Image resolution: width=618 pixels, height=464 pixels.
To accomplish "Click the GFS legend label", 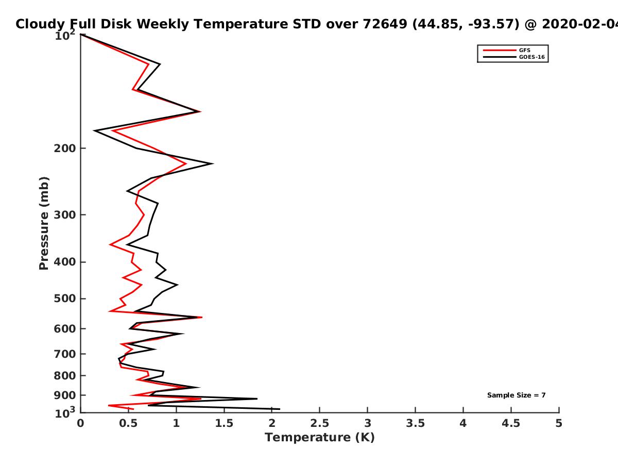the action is tap(524, 50).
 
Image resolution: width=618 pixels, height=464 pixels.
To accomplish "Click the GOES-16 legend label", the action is tap(531, 57).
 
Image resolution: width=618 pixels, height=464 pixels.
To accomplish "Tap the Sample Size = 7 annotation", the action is tap(516, 395).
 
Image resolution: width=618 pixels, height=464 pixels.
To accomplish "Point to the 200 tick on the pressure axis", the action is tap(65, 148).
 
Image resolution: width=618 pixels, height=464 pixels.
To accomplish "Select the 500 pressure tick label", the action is tap(65, 299).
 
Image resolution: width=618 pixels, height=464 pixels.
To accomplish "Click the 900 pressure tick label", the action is tap(65, 395).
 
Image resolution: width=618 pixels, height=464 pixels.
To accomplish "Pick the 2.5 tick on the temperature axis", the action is tap(320, 423).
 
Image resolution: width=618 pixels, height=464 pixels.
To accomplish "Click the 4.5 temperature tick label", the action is tap(511, 423).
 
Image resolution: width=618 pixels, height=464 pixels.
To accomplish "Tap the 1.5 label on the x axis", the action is tap(224, 423).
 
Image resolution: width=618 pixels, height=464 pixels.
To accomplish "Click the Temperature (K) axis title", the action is tap(320, 438).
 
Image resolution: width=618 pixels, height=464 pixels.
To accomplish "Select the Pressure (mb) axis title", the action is tap(44, 223).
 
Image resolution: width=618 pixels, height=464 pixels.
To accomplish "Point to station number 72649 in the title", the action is tap(385, 24).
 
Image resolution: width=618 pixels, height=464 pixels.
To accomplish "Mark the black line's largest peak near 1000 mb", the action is tap(280, 409).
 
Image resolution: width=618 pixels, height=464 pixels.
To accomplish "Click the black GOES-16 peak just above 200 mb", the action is tap(213, 163).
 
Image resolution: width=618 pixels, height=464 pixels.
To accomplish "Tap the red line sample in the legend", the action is tap(500, 51).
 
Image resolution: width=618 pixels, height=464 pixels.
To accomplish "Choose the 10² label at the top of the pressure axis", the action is tap(65, 35).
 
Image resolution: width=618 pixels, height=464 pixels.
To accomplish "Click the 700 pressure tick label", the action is tap(65, 354).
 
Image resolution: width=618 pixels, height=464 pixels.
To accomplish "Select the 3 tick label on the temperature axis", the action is tap(367, 423).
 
